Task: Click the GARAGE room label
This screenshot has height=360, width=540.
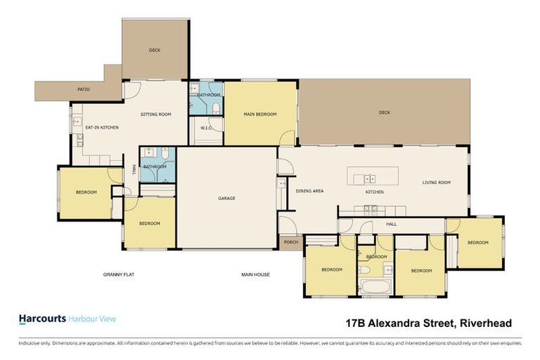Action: point(226,198)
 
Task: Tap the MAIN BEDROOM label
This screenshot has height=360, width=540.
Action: point(260,114)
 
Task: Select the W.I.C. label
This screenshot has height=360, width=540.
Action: point(207,128)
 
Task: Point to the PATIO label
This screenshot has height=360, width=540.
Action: point(84,90)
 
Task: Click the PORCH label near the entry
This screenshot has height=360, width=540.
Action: point(291,243)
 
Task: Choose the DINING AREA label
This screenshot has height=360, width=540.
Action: point(309,191)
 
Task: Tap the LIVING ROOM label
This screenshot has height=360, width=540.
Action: point(436,183)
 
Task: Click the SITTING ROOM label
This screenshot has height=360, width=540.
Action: point(156,114)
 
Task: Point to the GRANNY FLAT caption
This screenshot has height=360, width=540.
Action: point(117,274)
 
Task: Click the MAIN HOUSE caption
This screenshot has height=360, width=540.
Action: point(256,274)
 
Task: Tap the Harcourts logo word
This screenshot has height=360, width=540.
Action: point(41,319)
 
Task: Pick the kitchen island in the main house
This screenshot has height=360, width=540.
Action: point(373,178)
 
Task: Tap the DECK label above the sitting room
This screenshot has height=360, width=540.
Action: point(155,51)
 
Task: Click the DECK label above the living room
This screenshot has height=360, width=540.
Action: point(384,112)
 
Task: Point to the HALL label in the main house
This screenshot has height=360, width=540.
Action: point(391,224)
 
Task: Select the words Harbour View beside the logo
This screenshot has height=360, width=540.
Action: point(93,319)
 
